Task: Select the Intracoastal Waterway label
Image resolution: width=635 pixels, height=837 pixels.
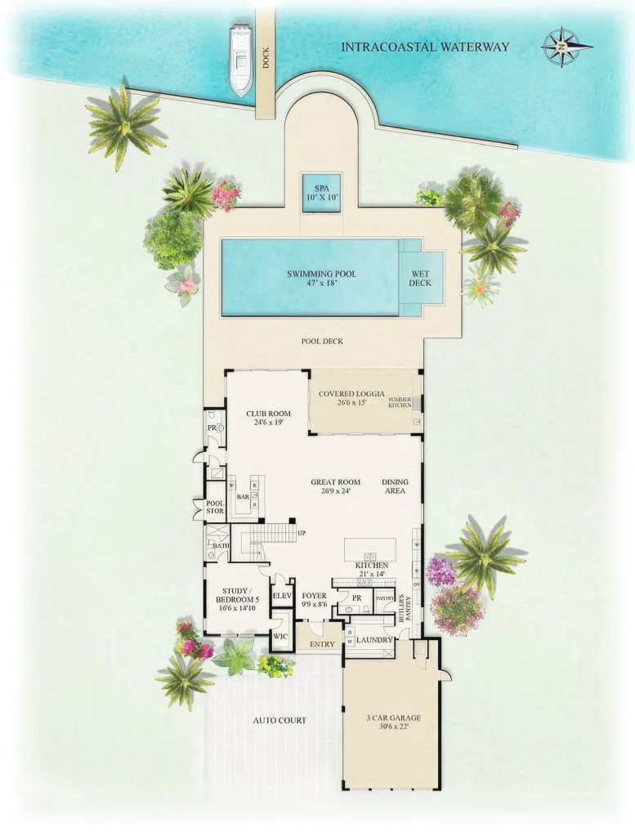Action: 425,47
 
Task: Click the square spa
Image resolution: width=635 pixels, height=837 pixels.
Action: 321,193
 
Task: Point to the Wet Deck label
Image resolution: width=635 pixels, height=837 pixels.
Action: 421,279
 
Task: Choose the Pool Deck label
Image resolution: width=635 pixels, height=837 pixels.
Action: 322,341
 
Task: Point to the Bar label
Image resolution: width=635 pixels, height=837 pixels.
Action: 242,496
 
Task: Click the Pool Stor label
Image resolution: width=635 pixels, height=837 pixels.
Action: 214,507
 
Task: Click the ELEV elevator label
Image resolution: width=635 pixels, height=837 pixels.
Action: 282,596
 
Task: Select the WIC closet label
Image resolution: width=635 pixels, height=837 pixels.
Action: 279,635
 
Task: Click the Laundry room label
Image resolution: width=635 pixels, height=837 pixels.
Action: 374,639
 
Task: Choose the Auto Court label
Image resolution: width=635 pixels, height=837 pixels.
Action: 279,720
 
